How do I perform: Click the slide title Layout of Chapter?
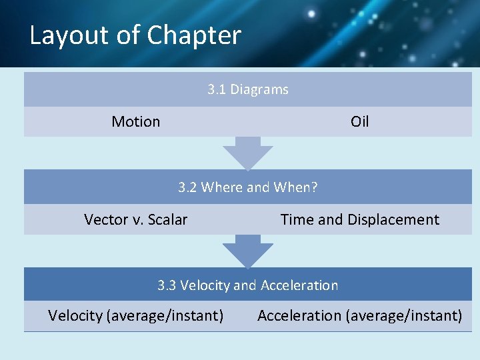coord(135,35)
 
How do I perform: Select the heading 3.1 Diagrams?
coord(247,89)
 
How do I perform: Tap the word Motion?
coord(135,121)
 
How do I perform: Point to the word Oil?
coord(359,121)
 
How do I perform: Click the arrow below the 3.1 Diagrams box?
coord(247,154)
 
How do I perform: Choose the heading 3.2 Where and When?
coord(247,187)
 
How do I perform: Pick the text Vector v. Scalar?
coord(135,219)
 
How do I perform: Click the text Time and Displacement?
coord(359,219)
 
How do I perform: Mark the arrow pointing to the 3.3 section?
coord(247,251)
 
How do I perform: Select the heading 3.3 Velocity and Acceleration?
coord(247,285)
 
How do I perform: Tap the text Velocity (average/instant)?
coord(135,315)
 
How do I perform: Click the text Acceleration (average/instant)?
coord(359,315)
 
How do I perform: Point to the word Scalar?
coord(167,219)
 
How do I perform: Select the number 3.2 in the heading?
coord(187,187)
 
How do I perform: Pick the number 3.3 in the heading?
coord(167,285)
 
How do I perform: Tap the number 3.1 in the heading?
coord(217,89)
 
